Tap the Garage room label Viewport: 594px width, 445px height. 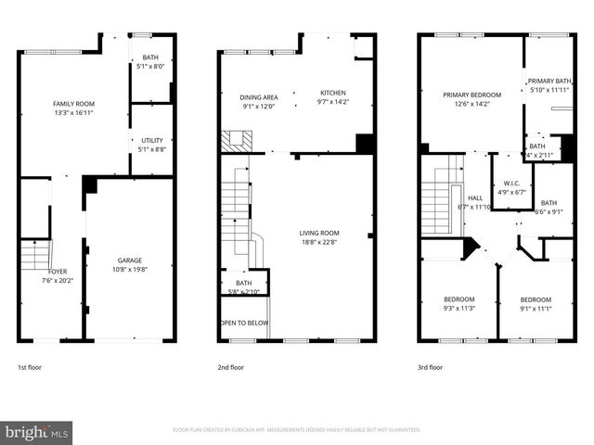click(x=130, y=261)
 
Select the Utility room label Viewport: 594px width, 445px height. click(x=152, y=140)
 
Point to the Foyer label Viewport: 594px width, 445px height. click(x=57, y=271)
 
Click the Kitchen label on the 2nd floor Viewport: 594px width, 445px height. click(x=333, y=93)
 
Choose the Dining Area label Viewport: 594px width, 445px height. click(x=259, y=96)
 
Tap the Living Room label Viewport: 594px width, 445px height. click(x=318, y=233)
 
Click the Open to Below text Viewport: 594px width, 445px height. click(x=243, y=324)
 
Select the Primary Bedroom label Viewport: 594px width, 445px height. click(x=471, y=95)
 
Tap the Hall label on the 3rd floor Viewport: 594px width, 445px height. click(x=475, y=197)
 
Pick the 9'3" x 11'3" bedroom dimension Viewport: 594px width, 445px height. click(x=458, y=309)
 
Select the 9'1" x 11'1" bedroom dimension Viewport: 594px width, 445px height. click(x=536, y=309)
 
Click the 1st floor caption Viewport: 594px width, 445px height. click(x=31, y=368)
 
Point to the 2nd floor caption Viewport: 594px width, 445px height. click(x=230, y=368)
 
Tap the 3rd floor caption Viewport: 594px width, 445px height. click(x=431, y=368)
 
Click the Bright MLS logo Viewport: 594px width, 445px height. click(x=37, y=432)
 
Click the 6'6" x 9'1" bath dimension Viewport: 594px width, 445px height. click(x=549, y=211)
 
